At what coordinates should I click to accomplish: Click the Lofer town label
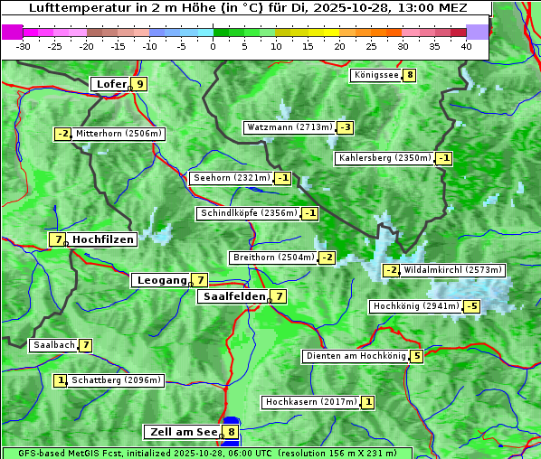point(110,84)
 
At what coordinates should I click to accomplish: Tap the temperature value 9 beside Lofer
point(139,84)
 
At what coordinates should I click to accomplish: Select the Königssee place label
point(376,75)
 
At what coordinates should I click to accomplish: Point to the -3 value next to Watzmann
point(346,127)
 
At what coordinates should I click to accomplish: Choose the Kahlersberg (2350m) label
point(384,158)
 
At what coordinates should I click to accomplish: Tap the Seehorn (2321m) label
point(232,178)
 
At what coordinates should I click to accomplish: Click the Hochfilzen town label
point(103,239)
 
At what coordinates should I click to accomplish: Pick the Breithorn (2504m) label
point(273,258)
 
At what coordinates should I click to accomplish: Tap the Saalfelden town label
point(233,296)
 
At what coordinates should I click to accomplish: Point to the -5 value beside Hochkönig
point(471,307)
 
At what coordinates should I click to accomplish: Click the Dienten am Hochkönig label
point(355,356)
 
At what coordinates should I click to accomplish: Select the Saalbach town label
point(53,345)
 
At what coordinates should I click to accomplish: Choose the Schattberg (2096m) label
point(115,380)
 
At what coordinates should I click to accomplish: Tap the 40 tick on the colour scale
point(465,46)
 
